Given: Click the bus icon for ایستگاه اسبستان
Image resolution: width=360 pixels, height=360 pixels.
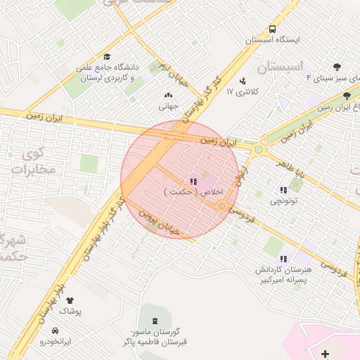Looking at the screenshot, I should pos(272,30).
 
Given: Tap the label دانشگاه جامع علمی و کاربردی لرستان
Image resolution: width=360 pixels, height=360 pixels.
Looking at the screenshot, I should pos(109,73).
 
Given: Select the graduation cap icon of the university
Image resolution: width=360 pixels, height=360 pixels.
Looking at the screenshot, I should pos(107,57).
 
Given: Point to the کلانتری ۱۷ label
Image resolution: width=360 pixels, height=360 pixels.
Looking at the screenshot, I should pos(245,91).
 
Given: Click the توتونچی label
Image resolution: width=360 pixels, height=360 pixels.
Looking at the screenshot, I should pos(284,201).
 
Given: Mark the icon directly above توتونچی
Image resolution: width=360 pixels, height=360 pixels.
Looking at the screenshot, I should pos(284,189).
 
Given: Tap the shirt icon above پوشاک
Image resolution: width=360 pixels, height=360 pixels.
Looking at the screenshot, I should pos(70,300).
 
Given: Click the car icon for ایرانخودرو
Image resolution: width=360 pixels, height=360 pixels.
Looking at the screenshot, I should pos(56,330).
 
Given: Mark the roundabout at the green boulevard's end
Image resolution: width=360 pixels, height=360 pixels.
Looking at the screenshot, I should pos(259,149).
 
